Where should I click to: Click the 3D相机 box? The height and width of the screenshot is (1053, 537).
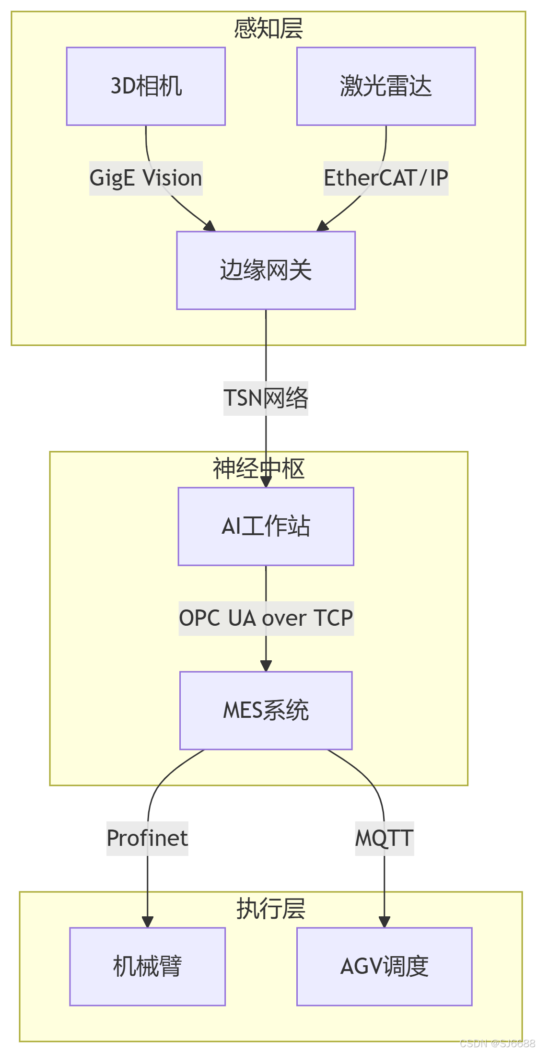click(146, 86)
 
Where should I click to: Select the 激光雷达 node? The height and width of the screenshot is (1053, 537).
click(385, 86)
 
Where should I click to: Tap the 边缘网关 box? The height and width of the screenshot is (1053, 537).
click(266, 270)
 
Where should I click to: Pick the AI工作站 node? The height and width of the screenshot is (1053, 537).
click(266, 526)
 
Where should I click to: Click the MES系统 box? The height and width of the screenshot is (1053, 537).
click(266, 710)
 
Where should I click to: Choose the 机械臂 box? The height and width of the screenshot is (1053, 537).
click(147, 966)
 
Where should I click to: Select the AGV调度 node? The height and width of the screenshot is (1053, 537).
click(384, 966)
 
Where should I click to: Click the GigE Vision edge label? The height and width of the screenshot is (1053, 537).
click(146, 178)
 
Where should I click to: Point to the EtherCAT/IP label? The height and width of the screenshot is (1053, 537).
click(385, 178)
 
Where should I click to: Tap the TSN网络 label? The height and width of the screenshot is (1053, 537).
click(266, 398)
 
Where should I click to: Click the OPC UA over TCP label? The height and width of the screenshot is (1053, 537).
click(266, 618)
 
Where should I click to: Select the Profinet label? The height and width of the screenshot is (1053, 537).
click(147, 838)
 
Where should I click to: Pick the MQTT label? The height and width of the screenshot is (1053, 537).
click(384, 838)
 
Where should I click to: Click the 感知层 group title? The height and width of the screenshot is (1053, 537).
click(268, 28)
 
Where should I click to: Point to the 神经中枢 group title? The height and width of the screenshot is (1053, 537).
click(258, 468)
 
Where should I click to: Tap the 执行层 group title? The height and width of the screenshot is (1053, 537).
click(270, 909)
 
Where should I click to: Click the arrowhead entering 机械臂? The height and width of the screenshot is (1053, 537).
click(148, 922)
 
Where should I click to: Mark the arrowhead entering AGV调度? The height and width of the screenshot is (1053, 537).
click(384, 922)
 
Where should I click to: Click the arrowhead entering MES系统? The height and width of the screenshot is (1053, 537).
click(266, 666)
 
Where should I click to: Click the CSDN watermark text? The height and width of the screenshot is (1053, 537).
click(497, 1043)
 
